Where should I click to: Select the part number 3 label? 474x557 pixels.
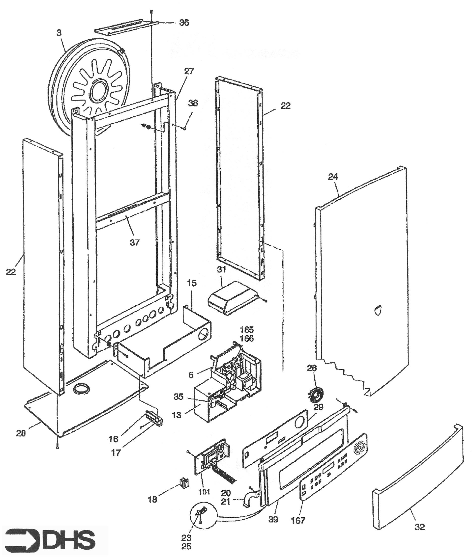point(59,33)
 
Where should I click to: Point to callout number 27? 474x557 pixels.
point(189,72)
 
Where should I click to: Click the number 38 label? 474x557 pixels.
point(193,103)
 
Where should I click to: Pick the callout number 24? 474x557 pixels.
point(333,177)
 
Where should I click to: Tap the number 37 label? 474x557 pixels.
point(135,243)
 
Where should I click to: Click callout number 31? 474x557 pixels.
point(221,269)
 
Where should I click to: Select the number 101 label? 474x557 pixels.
point(205,492)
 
